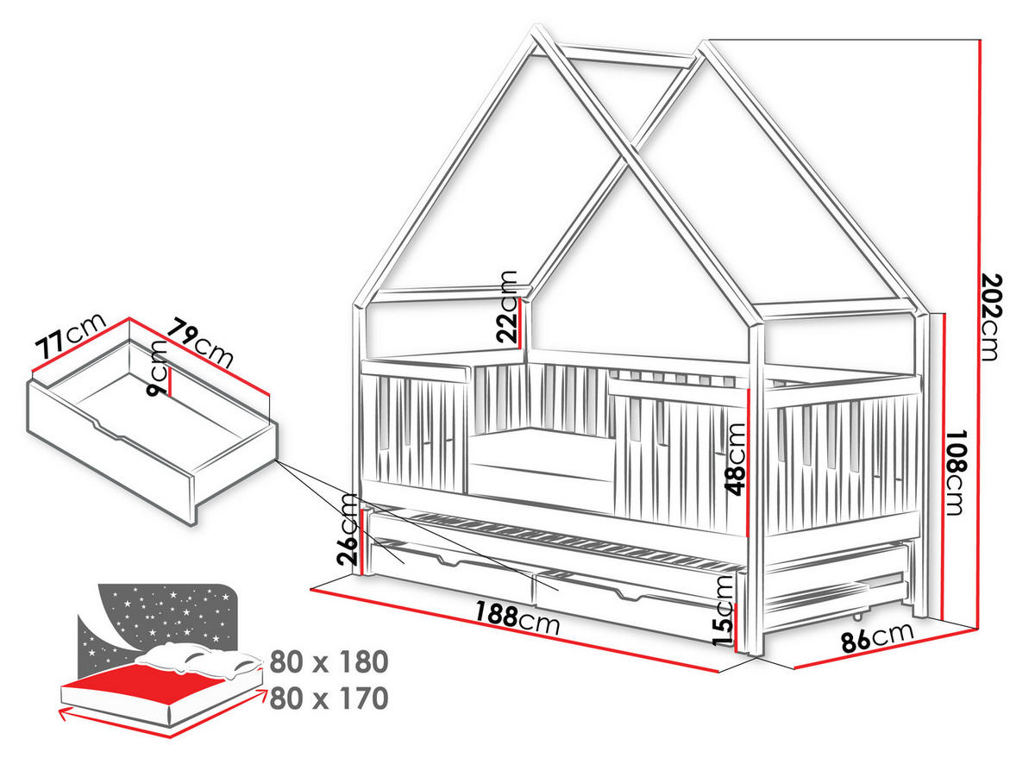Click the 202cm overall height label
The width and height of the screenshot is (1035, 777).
[991, 318]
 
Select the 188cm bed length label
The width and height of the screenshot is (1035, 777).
[517, 617]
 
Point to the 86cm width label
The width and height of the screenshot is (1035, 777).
[878, 637]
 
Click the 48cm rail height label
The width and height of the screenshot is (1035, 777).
[736, 460]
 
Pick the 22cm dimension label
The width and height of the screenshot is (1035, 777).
[507, 306]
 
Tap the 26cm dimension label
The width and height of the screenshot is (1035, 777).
[347, 529]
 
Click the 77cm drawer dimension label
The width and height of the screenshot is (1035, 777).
[70, 335]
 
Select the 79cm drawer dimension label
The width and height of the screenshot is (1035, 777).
[201, 342]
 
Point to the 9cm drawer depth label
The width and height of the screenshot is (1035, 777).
[158, 369]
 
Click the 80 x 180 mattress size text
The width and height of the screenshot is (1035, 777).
[329, 661]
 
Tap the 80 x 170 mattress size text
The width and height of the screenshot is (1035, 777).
[329, 699]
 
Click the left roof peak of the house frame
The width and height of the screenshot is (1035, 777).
[536, 27]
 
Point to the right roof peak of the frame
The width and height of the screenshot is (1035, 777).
[704, 43]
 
